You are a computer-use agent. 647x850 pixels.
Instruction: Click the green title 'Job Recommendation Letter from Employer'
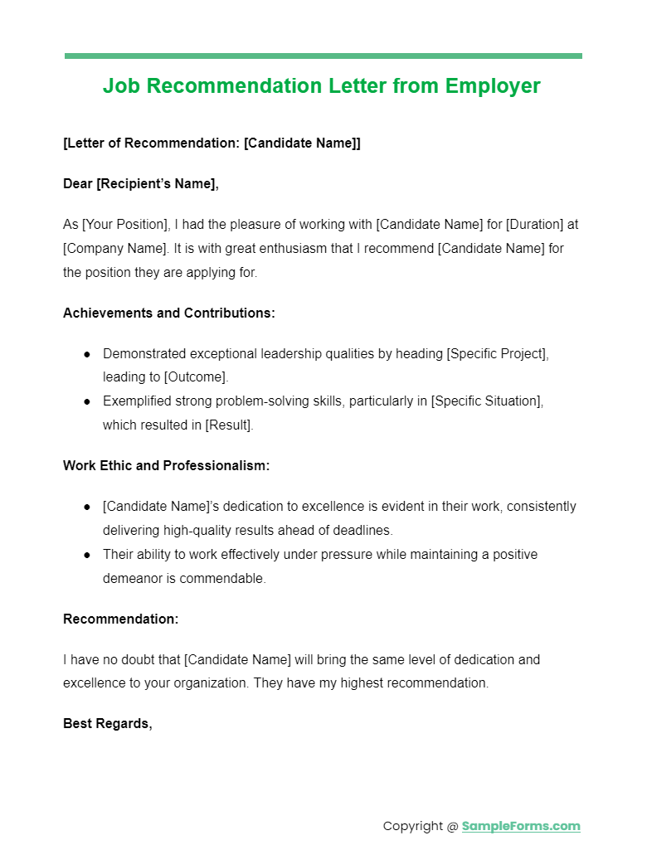coord(322,86)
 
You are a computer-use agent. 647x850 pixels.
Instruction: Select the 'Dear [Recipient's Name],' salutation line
coord(141,184)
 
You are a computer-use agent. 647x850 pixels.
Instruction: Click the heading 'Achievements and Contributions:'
coord(169,313)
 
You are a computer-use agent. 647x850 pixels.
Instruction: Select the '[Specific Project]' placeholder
coord(497,354)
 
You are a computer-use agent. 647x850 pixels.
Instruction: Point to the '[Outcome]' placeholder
coord(195,377)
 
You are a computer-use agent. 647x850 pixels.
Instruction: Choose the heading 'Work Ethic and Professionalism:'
coord(166,466)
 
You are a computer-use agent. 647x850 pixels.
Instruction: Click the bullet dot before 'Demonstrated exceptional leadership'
coord(87,354)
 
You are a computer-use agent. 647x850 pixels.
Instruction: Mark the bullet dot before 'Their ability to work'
coord(87,555)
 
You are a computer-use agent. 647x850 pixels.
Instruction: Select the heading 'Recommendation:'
coord(120,619)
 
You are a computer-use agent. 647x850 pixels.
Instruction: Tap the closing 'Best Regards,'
coord(108,724)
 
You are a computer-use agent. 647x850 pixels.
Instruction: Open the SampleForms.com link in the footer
coord(521,826)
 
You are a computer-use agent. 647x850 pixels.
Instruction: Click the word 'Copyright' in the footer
coord(414,826)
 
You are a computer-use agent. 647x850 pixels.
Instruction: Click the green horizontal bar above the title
coord(323,56)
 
